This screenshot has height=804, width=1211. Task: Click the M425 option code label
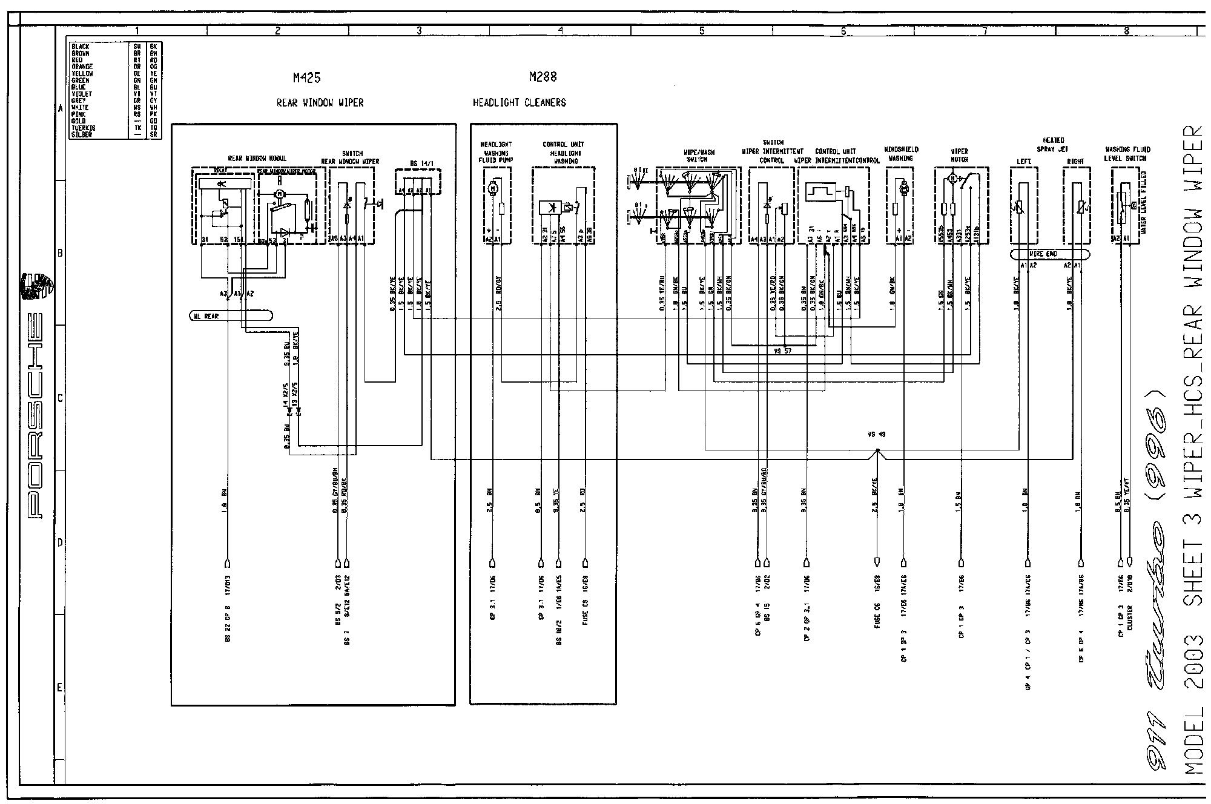coord(306,77)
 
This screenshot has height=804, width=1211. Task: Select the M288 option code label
coord(543,77)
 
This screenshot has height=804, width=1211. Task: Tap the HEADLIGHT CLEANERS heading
coord(519,102)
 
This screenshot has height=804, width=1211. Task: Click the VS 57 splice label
coord(782,351)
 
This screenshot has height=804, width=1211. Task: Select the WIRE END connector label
coord(1043,254)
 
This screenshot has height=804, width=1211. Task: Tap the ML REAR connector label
coord(206,316)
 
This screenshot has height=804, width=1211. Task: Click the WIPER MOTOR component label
coord(960,156)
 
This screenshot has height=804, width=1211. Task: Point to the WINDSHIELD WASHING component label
coord(901,154)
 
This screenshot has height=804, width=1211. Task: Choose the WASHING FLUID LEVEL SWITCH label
coord(1127,154)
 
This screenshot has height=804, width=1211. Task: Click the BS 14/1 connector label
coord(422,163)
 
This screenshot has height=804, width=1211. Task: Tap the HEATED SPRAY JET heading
coord(1054,144)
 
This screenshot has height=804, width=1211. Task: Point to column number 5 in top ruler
coord(702,31)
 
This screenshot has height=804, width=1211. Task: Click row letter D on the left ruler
coord(59,542)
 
